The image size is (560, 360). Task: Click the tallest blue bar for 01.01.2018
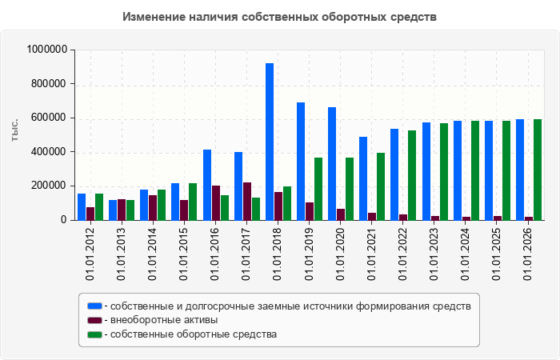tap(270, 142)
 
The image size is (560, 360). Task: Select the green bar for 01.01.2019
tap(318, 189)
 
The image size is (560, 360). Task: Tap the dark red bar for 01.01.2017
tap(247, 202)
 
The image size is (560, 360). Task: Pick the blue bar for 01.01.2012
tap(82, 206)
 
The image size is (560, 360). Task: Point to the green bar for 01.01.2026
tap(538, 170)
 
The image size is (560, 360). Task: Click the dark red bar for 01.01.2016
tap(216, 203)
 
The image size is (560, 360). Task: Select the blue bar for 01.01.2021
tap(363, 178)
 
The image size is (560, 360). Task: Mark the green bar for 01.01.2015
tap(193, 202)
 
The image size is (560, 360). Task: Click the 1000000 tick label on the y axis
tap(47, 50)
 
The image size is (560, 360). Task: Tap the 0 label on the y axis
tap(64, 220)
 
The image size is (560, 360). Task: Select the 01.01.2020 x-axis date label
tap(340, 254)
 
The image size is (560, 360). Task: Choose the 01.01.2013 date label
tap(121, 254)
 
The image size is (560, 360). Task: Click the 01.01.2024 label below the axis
tap(465, 254)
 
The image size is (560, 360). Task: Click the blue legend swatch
tap(94, 306)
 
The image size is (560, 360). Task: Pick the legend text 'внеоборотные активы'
tap(164, 320)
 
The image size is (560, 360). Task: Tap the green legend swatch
tap(94, 334)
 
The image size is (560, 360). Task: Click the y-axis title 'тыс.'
tap(14, 130)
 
